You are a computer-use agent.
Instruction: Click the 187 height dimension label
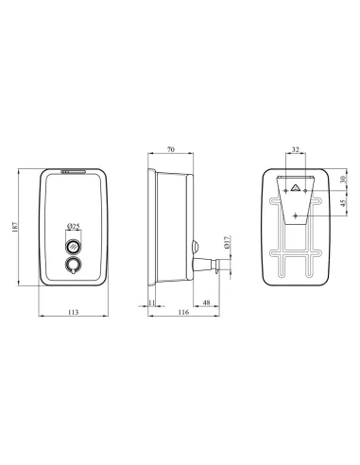click(15, 227)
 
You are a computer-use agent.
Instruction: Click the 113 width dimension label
click(73, 312)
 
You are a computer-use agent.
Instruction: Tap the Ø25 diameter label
click(74, 226)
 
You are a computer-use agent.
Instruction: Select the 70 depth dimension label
click(170, 149)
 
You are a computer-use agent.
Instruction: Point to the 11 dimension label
click(151, 302)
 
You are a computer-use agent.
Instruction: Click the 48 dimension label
click(206, 302)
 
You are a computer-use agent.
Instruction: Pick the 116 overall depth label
click(183, 312)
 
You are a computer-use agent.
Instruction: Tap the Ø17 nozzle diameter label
click(228, 242)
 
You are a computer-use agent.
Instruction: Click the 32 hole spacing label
click(295, 149)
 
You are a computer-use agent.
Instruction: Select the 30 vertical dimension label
click(343, 179)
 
